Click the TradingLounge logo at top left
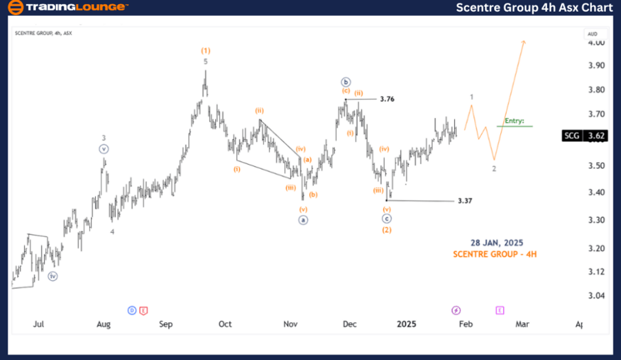coord(68,8)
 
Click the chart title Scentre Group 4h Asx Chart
coord(534,8)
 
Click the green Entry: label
coord(514,121)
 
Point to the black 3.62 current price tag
coord(594,136)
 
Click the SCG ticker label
coord(571,136)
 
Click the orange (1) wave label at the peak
coord(205,50)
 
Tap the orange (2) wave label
coord(387,230)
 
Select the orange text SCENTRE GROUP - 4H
coord(495,254)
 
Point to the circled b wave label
coord(345,81)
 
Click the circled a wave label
coord(302,220)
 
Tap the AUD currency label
coord(593,33)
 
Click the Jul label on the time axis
coord(39,323)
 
